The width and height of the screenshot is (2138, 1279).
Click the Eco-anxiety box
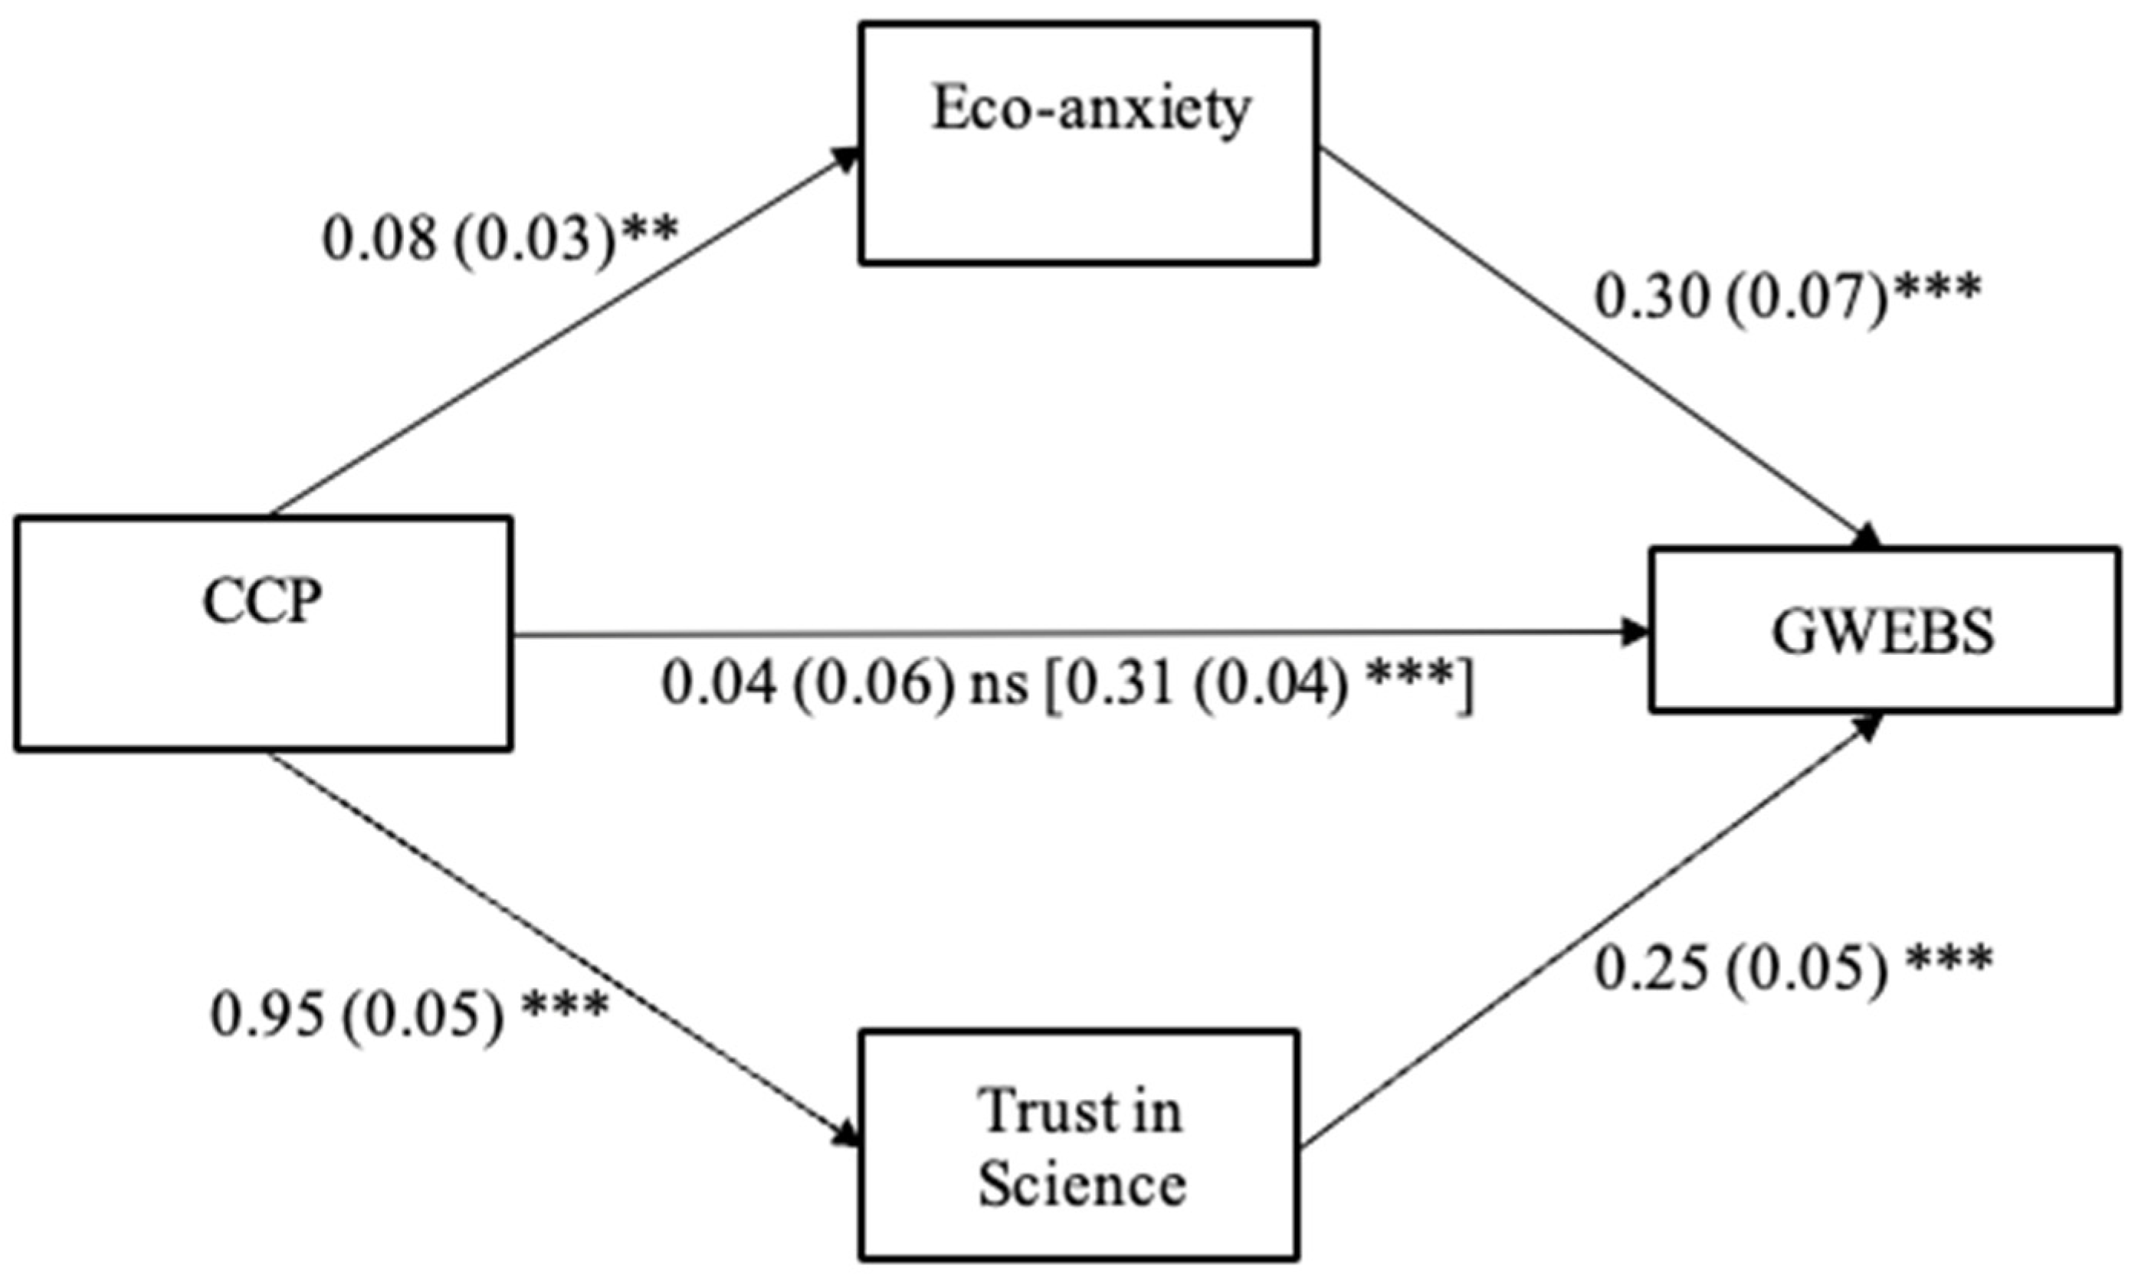pyautogui.click(x=1088, y=143)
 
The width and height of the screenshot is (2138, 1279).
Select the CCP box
pyautogui.click(x=263, y=633)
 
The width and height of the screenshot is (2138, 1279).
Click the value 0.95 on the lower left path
pyautogui.click(x=268, y=1016)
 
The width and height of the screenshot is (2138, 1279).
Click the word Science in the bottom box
pyautogui.click(x=1082, y=1184)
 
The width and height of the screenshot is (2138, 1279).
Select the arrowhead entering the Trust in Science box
pyautogui.click(x=848, y=1136)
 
